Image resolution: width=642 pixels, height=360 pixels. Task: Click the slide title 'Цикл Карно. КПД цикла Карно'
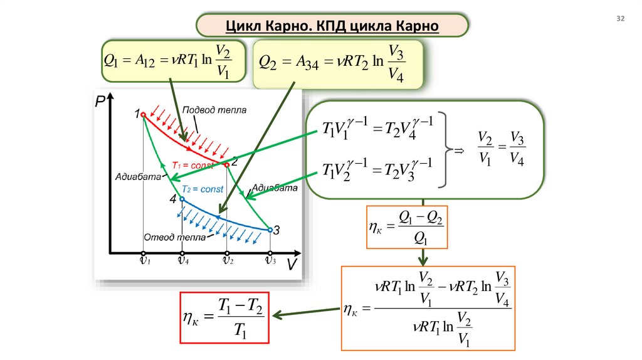pos(332,26)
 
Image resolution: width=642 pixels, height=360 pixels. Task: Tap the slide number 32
pos(621,19)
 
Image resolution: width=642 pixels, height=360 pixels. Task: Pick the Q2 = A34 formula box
pos(338,63)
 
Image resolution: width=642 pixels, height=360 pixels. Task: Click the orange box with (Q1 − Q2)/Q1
pos(406,227)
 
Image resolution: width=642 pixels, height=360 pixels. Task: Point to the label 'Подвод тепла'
pos(214,110)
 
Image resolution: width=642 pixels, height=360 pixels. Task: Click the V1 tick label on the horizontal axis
pos(144,260)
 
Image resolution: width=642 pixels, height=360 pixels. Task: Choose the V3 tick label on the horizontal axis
pos(270,260)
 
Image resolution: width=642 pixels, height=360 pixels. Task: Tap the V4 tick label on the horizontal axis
pos(182,260)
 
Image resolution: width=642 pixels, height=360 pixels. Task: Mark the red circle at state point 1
pos(143,115)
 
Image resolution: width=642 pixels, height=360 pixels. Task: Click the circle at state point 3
pos(270,230)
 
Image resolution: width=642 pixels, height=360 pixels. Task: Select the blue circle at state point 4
pos(182,199)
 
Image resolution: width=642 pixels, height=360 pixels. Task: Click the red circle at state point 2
pos(226,165)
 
